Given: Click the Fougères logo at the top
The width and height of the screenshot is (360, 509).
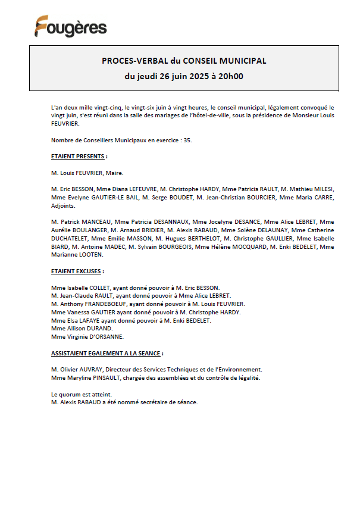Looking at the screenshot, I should click(x=70, y=26).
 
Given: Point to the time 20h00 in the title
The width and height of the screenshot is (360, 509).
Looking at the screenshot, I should click(x=230, y=76).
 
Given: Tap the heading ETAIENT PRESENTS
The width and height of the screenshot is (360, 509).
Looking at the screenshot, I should click(x=79, y=157).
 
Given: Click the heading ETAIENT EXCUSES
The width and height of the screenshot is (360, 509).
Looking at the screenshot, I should click(x=78, y=271).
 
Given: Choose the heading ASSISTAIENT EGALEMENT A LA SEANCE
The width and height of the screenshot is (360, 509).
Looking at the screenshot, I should click(x=107, y=353).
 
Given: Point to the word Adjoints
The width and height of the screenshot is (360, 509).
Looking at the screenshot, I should click(x=64, y=205).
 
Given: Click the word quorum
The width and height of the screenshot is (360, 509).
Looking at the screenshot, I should click(x=70, y=394).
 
